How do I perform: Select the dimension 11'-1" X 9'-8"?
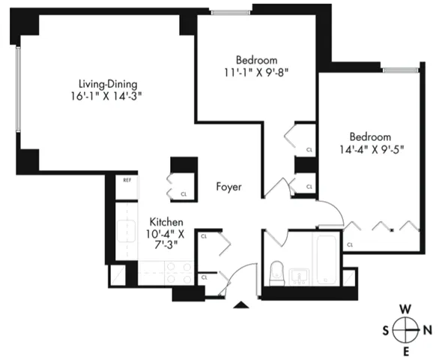(x=257, y=73)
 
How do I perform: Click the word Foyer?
(x=228, y=187)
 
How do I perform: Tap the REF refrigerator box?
(x=127, y=181)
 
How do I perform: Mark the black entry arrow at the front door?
(x=240, y=304)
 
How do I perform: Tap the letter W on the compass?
(x=405, y=309)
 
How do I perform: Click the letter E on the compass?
(x=405, y=351)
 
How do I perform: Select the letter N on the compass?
(x=427, y=330)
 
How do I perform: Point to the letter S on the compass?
(x=385, y=330)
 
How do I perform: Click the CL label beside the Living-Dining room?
(x=184, y=194)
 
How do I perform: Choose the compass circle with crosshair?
(x=405, y=330)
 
